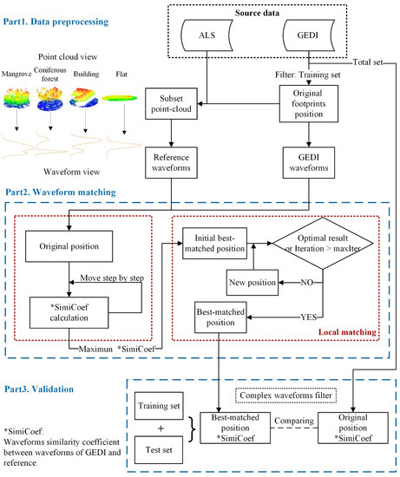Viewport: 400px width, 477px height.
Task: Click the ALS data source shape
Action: tap(223, 39)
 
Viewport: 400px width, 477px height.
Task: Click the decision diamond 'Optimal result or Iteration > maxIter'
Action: tap(325, 238)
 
